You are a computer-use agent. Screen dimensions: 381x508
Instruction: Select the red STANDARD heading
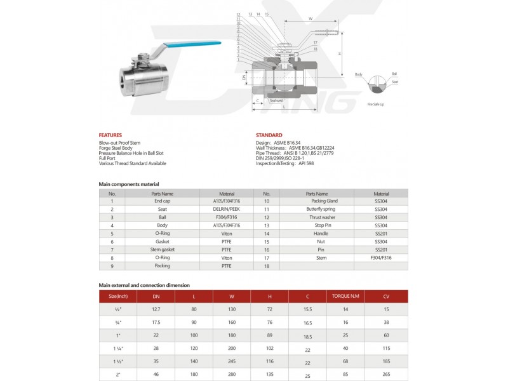pyautogui.click(x=269, y=135)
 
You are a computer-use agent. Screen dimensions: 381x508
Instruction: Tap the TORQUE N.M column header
pyautogui.click(x=345, y=297)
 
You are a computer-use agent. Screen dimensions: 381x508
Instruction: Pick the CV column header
pyautogui.click(x=385, y=297)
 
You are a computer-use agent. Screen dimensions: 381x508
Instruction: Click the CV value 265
pyautogui.click(x=385, y=375)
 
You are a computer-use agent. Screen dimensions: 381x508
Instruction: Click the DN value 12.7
pyautogui.click(x=156, y=309)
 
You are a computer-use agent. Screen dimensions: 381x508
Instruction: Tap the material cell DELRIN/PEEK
pyautogui.click(x=226, y=209)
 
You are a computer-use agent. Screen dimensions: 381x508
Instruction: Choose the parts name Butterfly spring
pyautogui.click(x=320, y=209)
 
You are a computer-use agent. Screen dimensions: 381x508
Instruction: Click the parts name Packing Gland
pyautogui.click(x=320, y=201)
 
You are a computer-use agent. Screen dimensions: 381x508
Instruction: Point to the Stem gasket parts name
pyautogui.click(x=162, y=250)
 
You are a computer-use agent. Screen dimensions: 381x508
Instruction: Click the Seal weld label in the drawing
pyautogui.click(x=276, y=100)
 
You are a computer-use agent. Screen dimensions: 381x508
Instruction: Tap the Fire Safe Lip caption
pyautogui.click(x=376, y=103)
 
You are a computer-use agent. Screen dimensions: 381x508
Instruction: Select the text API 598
pyautogui.click(x=305, y=163)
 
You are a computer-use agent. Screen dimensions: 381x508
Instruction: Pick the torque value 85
pyautogui.click(x=345, y=375)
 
